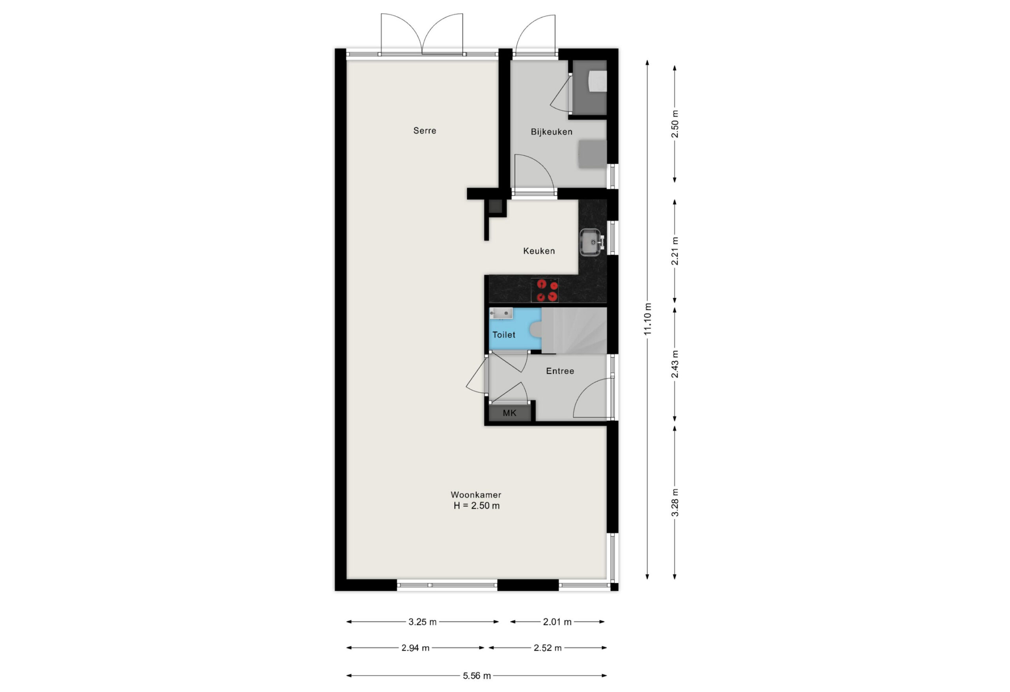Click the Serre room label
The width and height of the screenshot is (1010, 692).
pyautogui.click(x=425, y=131)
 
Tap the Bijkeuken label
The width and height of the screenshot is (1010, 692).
pyautogui.click(x=552, y=132)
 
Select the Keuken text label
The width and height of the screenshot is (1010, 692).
pyautogui.click(x=539, y=251)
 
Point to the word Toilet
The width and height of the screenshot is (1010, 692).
pyautogui.click(x=504, y=334)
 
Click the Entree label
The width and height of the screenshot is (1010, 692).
pyautogui.click(x=560, y=371)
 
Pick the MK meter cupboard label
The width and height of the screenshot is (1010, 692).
pyautogui.click(x=509, y=413)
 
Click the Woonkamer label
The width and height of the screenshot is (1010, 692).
pyautogui.click(x=476, y=494)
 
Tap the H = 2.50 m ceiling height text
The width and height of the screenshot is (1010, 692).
pyautogui.click(x=476, y=505)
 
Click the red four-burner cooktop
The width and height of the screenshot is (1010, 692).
pyautogui.click(x=545, y=290)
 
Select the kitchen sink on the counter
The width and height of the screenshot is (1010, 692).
pyautogui.click(x=591, y=242)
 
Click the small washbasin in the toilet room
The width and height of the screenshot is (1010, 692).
pyautogui.click(x=501, y=313)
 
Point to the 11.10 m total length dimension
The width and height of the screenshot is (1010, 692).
pyautogui.click(x=647, y=319)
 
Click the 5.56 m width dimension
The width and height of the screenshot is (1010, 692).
pyautogui.click(x=477, y=675)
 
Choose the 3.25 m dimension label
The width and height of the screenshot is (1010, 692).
pyautogui.click(x=423, y=622)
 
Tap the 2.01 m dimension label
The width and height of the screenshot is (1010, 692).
pyautogui.click(x=557, y=622)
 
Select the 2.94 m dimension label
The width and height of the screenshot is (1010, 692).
pyautogui.click(x=415, y=648)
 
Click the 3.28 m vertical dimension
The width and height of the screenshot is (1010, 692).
pyautogui.click(x=675, y=503)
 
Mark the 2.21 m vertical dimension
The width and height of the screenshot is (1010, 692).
pyautogui.click(x=675, y=251)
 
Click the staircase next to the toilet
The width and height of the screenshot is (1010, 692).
pyautogui.click(x=574, y=330)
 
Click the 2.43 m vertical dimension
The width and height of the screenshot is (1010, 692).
pyautogui.click(x=675, y=364)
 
